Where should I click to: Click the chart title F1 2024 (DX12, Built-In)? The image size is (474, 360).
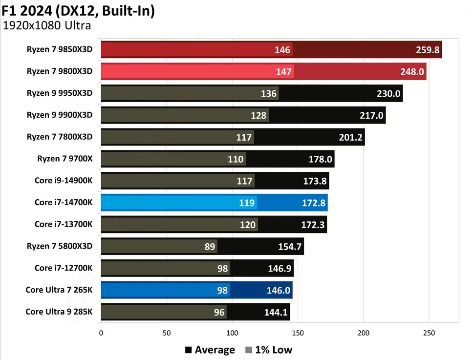[78, 10]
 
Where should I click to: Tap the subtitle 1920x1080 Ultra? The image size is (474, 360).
[47, 26]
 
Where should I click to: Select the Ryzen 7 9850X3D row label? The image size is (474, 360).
[60, 49]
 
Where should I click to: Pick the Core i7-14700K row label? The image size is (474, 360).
[64, 202]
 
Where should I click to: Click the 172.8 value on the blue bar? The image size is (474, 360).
[313, 203]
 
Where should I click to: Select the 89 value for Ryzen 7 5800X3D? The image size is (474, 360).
[210, 247]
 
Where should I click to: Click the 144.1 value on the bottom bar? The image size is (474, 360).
[276, 312]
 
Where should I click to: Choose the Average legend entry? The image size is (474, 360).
[210, 350]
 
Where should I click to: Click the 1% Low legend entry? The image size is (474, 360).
[268, 350]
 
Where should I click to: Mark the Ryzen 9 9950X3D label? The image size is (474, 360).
[60, 93]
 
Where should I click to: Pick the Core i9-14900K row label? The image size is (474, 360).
[64, 180]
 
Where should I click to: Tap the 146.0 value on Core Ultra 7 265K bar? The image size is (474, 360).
[279, 290]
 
